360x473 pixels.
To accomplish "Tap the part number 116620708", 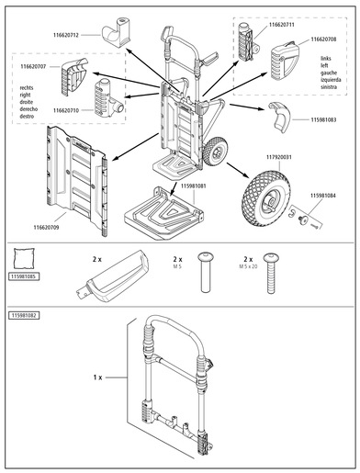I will [329, 40].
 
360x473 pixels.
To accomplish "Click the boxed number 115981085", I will [28, 276].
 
